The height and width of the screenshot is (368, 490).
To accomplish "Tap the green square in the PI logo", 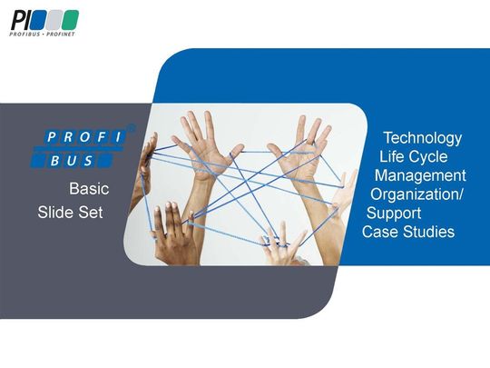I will coord(71,19).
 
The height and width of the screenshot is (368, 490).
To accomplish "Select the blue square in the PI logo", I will coord(54,19).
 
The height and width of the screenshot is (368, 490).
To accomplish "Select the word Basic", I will coord(89,190).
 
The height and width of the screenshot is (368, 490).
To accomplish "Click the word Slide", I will coord(55,213).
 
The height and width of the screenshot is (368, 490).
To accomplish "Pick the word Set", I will coord(91,213).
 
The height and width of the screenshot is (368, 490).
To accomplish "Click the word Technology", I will coord(422,138).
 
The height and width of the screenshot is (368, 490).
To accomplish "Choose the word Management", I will coord(420,175).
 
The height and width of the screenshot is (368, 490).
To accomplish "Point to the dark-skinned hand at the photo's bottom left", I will coord(169,232).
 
